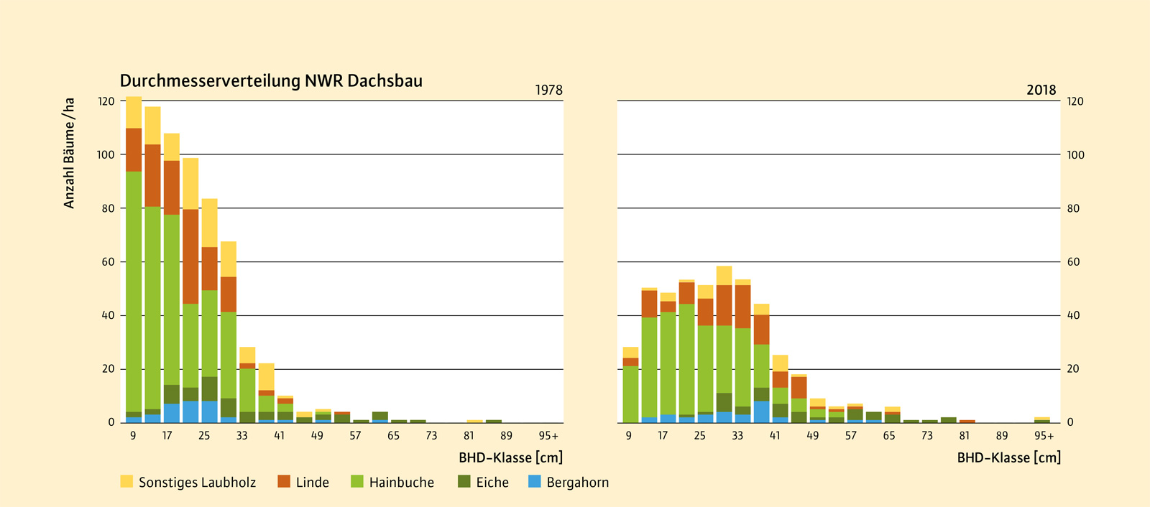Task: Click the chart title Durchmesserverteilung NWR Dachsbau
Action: (x=271, y=80)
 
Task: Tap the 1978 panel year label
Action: (x=548, y=90)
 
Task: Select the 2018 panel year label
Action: (x=1041, y=90)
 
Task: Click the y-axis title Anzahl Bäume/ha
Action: (x=69, y=154)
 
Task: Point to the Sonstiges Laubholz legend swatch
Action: (x=126, y=482)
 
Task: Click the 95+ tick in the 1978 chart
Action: (x=548, y=436)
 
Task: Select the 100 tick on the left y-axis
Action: (x=106, y=154)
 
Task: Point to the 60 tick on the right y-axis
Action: (x=1073, y=262)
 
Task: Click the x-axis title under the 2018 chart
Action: (x=1008, y=457)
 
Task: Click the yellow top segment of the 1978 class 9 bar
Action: (x=134, y=112)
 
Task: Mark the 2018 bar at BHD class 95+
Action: (x=1041, y=419)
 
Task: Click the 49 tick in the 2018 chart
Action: (x=812, y=436)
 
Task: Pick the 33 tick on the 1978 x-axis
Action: (x=241, y=436)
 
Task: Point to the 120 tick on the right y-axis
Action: (x=1075, y=101)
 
